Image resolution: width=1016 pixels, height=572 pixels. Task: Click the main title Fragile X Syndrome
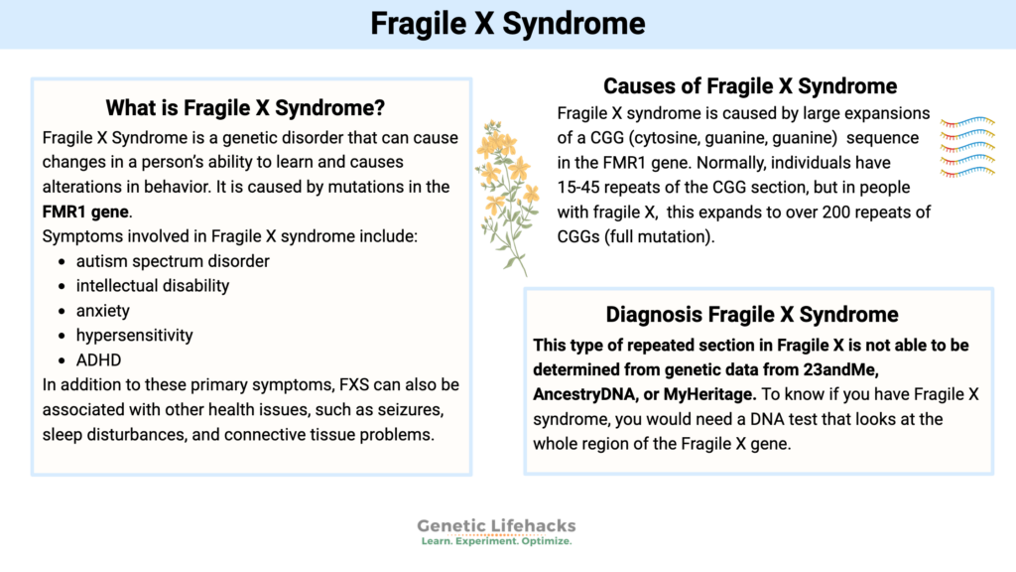click(x=507, y=24)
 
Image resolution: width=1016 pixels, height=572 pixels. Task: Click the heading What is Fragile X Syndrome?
click(x=245, y=107)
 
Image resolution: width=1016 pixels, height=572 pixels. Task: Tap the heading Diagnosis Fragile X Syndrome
click(x=752, y=315)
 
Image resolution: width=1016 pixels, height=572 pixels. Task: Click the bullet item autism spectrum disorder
click(x=173, y=260)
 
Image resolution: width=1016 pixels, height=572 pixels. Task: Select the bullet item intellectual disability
click(x=152, y=285)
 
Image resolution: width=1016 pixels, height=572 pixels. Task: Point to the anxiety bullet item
click(x=103, y=310)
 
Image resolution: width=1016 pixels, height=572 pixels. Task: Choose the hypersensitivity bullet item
click(x=134, y=335)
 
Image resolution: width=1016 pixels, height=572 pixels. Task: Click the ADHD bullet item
click(x=98, y=359)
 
